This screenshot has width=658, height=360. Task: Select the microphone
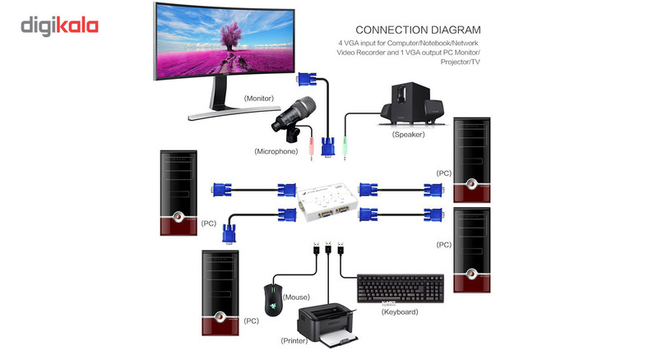click(x=297, y=115)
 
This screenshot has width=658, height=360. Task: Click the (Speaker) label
click(x=409, y=134)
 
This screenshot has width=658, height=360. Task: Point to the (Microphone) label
click(x=276, y=151)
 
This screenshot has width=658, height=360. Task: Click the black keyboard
click(x=401, y=288)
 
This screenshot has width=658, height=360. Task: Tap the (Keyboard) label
click(x=400, y=312)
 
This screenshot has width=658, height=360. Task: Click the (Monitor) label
click(x=261, y=99)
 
